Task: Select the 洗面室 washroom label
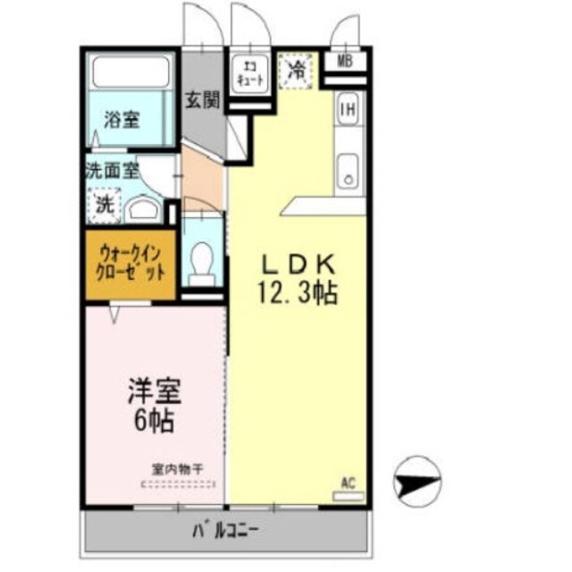coord(113,170)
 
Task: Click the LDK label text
coord(298,265)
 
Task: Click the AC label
coord(349,484)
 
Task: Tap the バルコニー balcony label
coord(225,531)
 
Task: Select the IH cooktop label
coord(348,111)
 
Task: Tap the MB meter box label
coord(345,62)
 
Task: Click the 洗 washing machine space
coord(105,205)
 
